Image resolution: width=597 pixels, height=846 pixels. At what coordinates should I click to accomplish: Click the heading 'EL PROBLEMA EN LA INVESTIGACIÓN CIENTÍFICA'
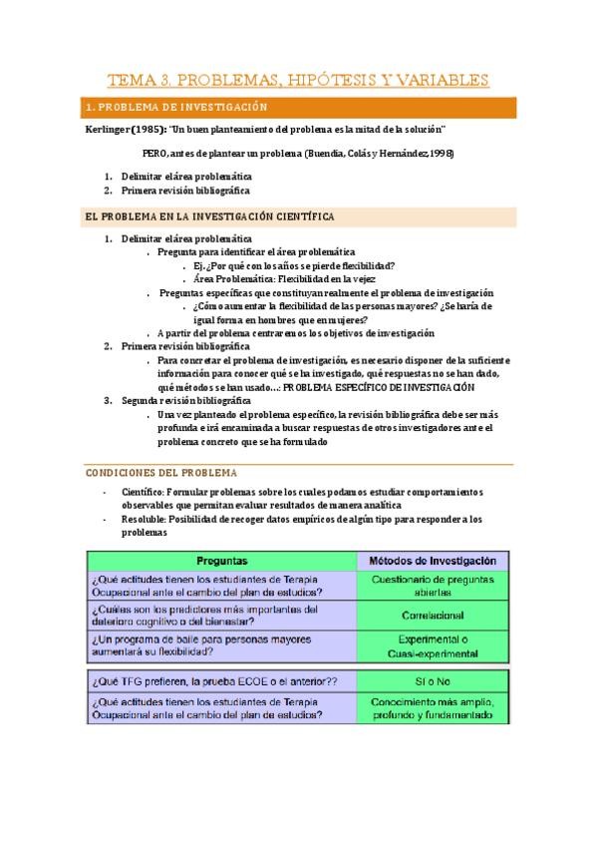(x=208, y=215)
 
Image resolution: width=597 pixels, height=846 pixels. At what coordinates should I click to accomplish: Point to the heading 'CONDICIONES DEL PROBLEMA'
(x=158, y=472)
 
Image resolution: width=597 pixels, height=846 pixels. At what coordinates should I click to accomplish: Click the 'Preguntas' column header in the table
(x=221, y=561)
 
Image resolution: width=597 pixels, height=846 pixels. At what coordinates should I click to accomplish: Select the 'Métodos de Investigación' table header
(x=432, y=561)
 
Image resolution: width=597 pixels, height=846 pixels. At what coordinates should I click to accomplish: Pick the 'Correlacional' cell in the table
(x=432, y=616)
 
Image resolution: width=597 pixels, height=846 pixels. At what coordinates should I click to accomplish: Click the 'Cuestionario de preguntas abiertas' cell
(x=432, y=585)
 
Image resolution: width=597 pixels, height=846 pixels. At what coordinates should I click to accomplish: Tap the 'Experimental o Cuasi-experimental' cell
(x=432, y=646)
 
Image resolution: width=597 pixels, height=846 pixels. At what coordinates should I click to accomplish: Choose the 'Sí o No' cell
(x=432, y=680)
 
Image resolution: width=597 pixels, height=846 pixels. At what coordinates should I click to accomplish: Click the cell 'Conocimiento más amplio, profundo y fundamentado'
(x=432, y=707)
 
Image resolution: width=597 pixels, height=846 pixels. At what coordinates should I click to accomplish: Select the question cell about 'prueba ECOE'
(x=213, y=680)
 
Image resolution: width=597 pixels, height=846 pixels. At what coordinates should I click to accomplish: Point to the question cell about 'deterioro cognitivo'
(x=203, y=616)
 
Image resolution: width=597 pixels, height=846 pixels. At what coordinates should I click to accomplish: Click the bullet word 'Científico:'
(x=143, y=492)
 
